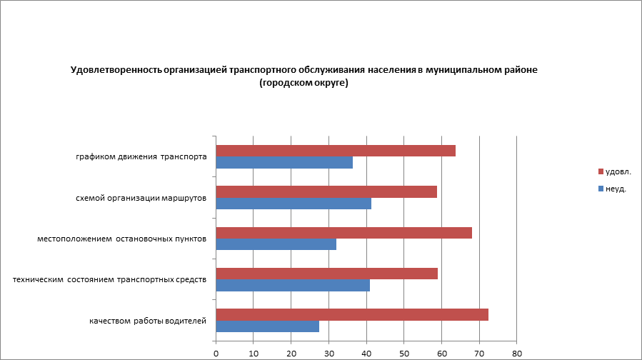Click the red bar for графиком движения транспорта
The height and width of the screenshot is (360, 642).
coord(336,151)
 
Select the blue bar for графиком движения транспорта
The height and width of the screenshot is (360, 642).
coord(284,163)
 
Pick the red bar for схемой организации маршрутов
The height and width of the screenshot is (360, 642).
coord(326,191)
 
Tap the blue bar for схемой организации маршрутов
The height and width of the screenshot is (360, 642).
coord(294,204)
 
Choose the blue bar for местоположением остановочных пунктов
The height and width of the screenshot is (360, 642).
coord(276,244)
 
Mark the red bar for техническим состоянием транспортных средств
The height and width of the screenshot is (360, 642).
coord(326,274)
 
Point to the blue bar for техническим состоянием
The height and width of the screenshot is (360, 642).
coord(293,286)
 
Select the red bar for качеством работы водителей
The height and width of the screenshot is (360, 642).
coord(352,315)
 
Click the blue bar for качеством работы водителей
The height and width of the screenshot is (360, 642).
coord(267,326)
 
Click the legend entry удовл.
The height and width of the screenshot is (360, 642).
coord(618,171)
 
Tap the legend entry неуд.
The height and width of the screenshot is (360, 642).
coord(616,189)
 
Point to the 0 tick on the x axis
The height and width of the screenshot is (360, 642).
coord(216,353)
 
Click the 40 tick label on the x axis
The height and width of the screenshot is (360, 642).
coord(366,353)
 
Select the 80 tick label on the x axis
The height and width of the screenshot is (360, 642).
coord(517,353)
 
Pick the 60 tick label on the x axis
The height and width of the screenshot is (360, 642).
coord(441,353)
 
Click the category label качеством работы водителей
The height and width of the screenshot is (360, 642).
coord(148,321)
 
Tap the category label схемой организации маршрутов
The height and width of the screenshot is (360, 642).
coord(141,198)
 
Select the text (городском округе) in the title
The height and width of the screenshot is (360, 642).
coord(304,83)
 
